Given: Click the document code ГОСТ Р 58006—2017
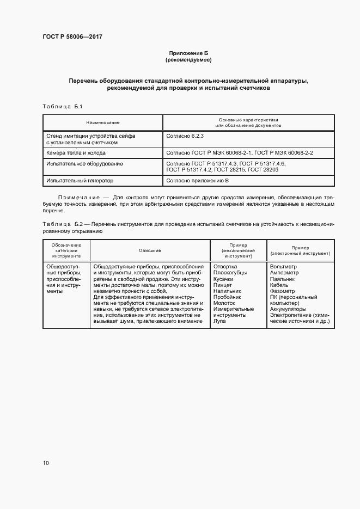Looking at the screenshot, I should click(72, 36).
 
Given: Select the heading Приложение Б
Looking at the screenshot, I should click(188, 52).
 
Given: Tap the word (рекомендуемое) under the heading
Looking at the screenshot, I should click(188, 59).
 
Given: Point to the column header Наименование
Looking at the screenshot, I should click(102, 123).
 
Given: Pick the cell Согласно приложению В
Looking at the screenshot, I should click(197, 180).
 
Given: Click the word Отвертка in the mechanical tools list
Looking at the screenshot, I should click(225, 266).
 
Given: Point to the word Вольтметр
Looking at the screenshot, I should click(283, 266).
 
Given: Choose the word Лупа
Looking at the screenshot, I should click(221, 321).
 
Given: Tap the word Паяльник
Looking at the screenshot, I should click(282, 279).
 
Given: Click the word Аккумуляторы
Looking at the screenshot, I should click(289, 309).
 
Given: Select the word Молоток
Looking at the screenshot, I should click(224, 303).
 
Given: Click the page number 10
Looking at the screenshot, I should click(46, 463).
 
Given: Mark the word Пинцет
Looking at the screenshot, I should click(223, 285).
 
